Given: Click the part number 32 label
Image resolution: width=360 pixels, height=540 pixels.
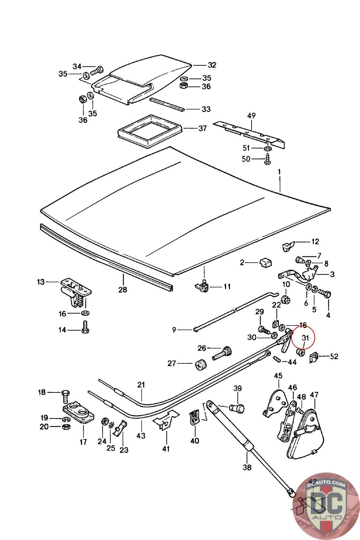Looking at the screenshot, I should [x=212, y=65].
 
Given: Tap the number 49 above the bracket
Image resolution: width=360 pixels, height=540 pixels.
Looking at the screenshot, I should [x=251, y=116].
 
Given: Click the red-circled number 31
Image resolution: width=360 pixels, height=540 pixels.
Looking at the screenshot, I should [x=305, y=337].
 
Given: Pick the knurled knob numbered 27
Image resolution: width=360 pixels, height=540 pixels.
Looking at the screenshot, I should [x=202, y=364].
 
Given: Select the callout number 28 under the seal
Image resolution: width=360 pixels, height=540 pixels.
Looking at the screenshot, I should [x=122, y=289].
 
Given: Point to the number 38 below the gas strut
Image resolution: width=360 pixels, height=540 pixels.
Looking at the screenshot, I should [x=247, y=467].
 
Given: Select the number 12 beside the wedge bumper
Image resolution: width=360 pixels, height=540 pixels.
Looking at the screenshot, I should [x=315, y=242].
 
